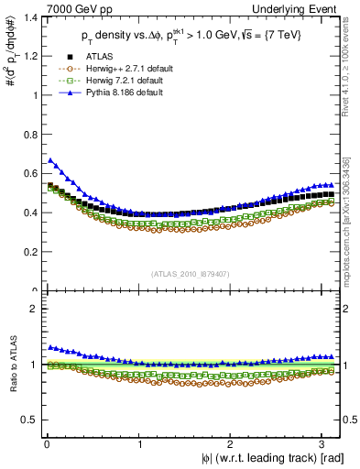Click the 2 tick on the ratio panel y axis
[33, 309]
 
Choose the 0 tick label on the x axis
[46, 443]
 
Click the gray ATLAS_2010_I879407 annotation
[191, 272]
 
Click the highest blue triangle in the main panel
[50, 160]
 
